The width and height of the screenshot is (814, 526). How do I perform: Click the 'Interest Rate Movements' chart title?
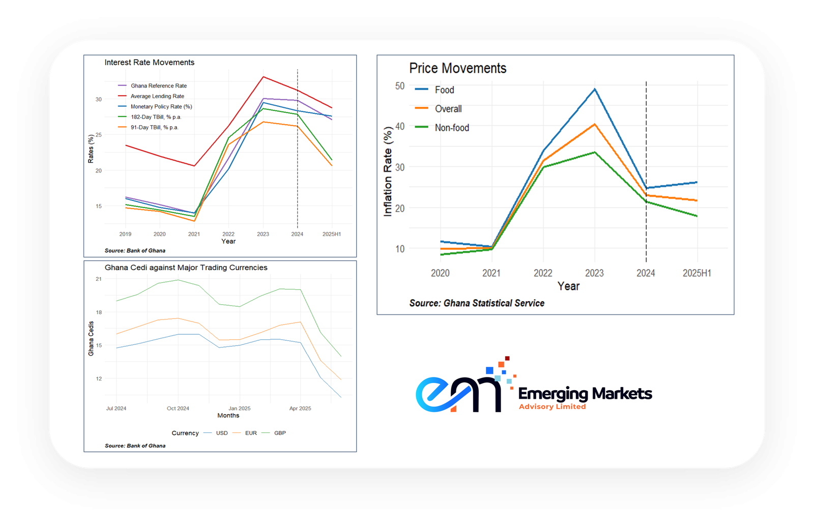(x=149, y=63)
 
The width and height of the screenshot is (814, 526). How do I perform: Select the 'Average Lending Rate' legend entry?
(x=157, y=96)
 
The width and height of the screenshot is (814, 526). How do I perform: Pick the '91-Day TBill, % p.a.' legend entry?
(x=154, y=127)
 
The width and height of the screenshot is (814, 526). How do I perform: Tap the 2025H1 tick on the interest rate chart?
(x=332, y=234)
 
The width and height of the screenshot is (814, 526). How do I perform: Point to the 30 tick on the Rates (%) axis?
(x=99, y=99)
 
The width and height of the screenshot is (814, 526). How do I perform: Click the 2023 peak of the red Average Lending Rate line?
(x=263, y=77)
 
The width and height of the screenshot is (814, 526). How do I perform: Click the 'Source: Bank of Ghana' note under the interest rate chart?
(x=135, y=251)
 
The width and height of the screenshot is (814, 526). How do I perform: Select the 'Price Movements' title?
(x=457, y=68)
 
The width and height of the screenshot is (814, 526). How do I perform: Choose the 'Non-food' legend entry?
(x=452, y=128)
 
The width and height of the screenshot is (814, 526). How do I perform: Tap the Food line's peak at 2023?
(x=595, y=90)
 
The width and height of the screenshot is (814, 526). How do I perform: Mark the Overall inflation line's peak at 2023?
(x=595, y=124)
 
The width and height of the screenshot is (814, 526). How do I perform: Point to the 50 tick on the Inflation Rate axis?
(x=400, y=86)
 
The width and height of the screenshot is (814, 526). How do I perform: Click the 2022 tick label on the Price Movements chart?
(x=543, y=273)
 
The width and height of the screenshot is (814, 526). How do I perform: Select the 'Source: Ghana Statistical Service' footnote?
(x=477, y=303)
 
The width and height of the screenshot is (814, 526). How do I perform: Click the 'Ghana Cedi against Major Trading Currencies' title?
(x=186, y=268)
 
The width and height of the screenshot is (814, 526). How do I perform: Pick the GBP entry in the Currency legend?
(x=280, y=433)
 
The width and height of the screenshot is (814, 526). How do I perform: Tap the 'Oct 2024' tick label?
(x=178, y=408)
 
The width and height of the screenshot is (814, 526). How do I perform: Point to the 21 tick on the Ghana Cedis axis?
(x=99, y=279)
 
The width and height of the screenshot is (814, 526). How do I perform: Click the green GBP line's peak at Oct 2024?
(x=178, y=280)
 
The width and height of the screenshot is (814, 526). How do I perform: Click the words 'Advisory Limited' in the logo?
(x=552, y=406)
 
